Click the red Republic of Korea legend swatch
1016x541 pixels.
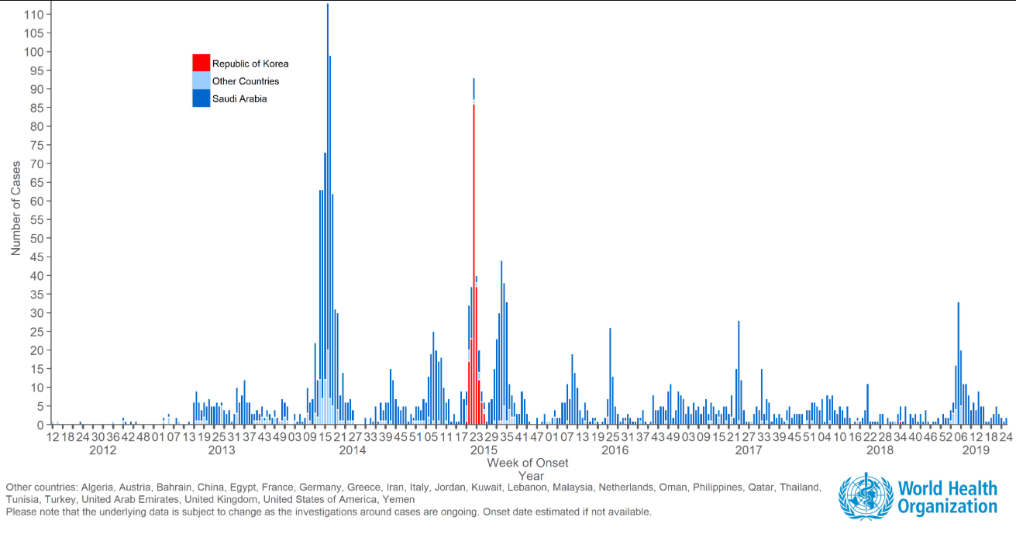201,63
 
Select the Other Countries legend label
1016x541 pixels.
246,81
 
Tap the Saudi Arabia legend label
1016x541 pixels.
239,99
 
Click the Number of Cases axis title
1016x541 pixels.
16,208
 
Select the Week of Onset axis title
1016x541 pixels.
528,463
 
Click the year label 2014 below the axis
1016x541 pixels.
353,450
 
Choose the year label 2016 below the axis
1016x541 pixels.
615,450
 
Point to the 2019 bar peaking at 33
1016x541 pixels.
959,364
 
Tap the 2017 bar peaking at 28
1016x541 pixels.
739,372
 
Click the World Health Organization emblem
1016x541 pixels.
866,497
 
